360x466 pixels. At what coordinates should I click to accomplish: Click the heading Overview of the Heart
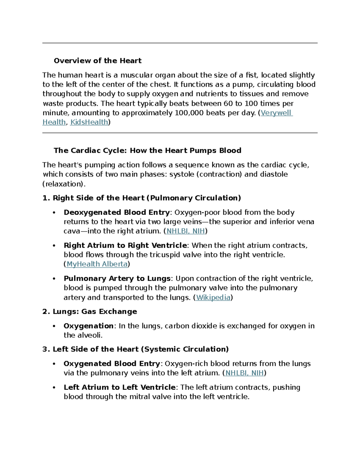coord(97,61)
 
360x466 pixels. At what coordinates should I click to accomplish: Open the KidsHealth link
coord(89,122)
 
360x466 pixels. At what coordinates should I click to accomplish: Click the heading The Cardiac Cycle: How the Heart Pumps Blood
coord(147,150)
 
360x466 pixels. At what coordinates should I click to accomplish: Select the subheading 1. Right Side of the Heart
coord(142,198)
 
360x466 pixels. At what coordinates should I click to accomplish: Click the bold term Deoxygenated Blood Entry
coord(117,212)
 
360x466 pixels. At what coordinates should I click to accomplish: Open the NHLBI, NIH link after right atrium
coord(186,231)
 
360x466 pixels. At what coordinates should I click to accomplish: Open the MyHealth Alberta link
coord(97,264)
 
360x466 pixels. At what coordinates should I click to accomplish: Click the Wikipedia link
coord(213,297)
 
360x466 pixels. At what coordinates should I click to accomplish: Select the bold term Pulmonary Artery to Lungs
coord(117,278)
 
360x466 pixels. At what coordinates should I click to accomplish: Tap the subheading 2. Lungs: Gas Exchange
coord(90,311)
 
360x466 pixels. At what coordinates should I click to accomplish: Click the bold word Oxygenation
coord(88,326)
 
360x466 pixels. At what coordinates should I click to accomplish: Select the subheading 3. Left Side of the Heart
coord(136,349)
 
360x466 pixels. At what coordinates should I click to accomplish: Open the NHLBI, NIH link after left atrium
coord(244,373)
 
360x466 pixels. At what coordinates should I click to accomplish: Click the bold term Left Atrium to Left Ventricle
coord(119,387)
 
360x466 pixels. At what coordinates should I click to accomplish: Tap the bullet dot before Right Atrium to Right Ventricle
coord(54,246)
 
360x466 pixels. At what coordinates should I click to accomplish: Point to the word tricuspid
coord(165,255)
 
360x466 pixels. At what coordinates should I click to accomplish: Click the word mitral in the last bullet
coord(138,397)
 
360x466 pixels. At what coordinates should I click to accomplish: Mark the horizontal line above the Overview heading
coord(180,43)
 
